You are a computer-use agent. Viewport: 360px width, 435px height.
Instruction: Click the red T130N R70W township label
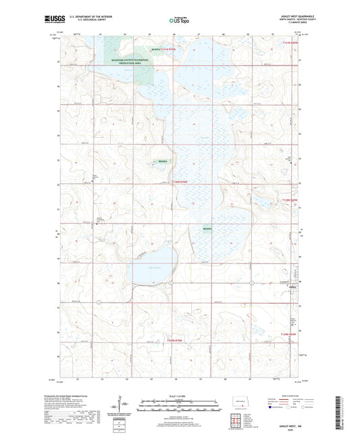tap(180, 182)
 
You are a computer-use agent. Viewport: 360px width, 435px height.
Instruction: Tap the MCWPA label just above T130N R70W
tap(162, 162)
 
